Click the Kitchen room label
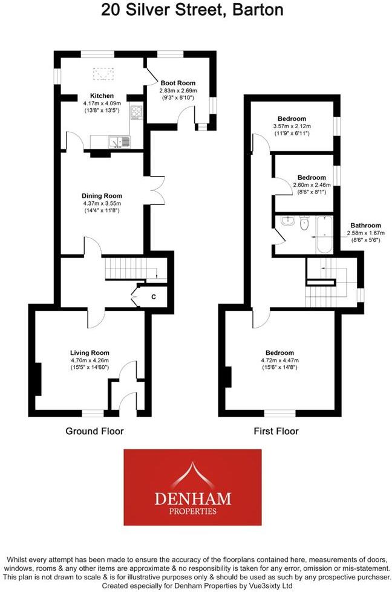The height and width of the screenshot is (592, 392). tap(102, 96)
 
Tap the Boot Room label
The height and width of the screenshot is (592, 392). tap(178, 83)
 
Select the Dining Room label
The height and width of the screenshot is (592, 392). tap(102, 196)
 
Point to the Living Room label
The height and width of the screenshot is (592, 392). tap(90, 353)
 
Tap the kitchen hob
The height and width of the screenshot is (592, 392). tap(136, 112)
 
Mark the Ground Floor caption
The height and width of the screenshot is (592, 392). tap(94, 431)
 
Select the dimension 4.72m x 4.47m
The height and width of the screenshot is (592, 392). tap(279, 361)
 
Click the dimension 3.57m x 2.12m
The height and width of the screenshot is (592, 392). tap(292, 126)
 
